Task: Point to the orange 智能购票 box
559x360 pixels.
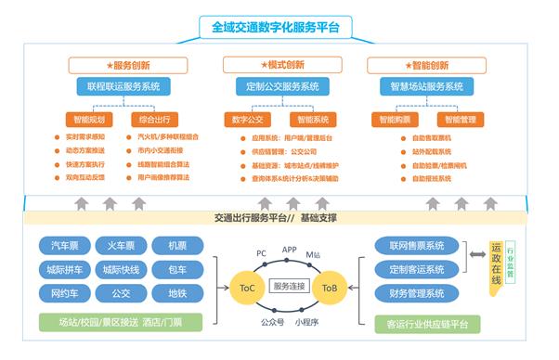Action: pyautogui.click(x=389, y=120)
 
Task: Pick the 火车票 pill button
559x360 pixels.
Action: pyautogui.click(x=121, y=246)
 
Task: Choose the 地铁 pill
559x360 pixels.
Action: pyautogui.click(x=176, y=293)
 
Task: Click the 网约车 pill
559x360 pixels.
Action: pyautogui.click(x=64, y=293)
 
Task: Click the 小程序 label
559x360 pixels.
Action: pyautogui.click(x=306, y=322)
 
